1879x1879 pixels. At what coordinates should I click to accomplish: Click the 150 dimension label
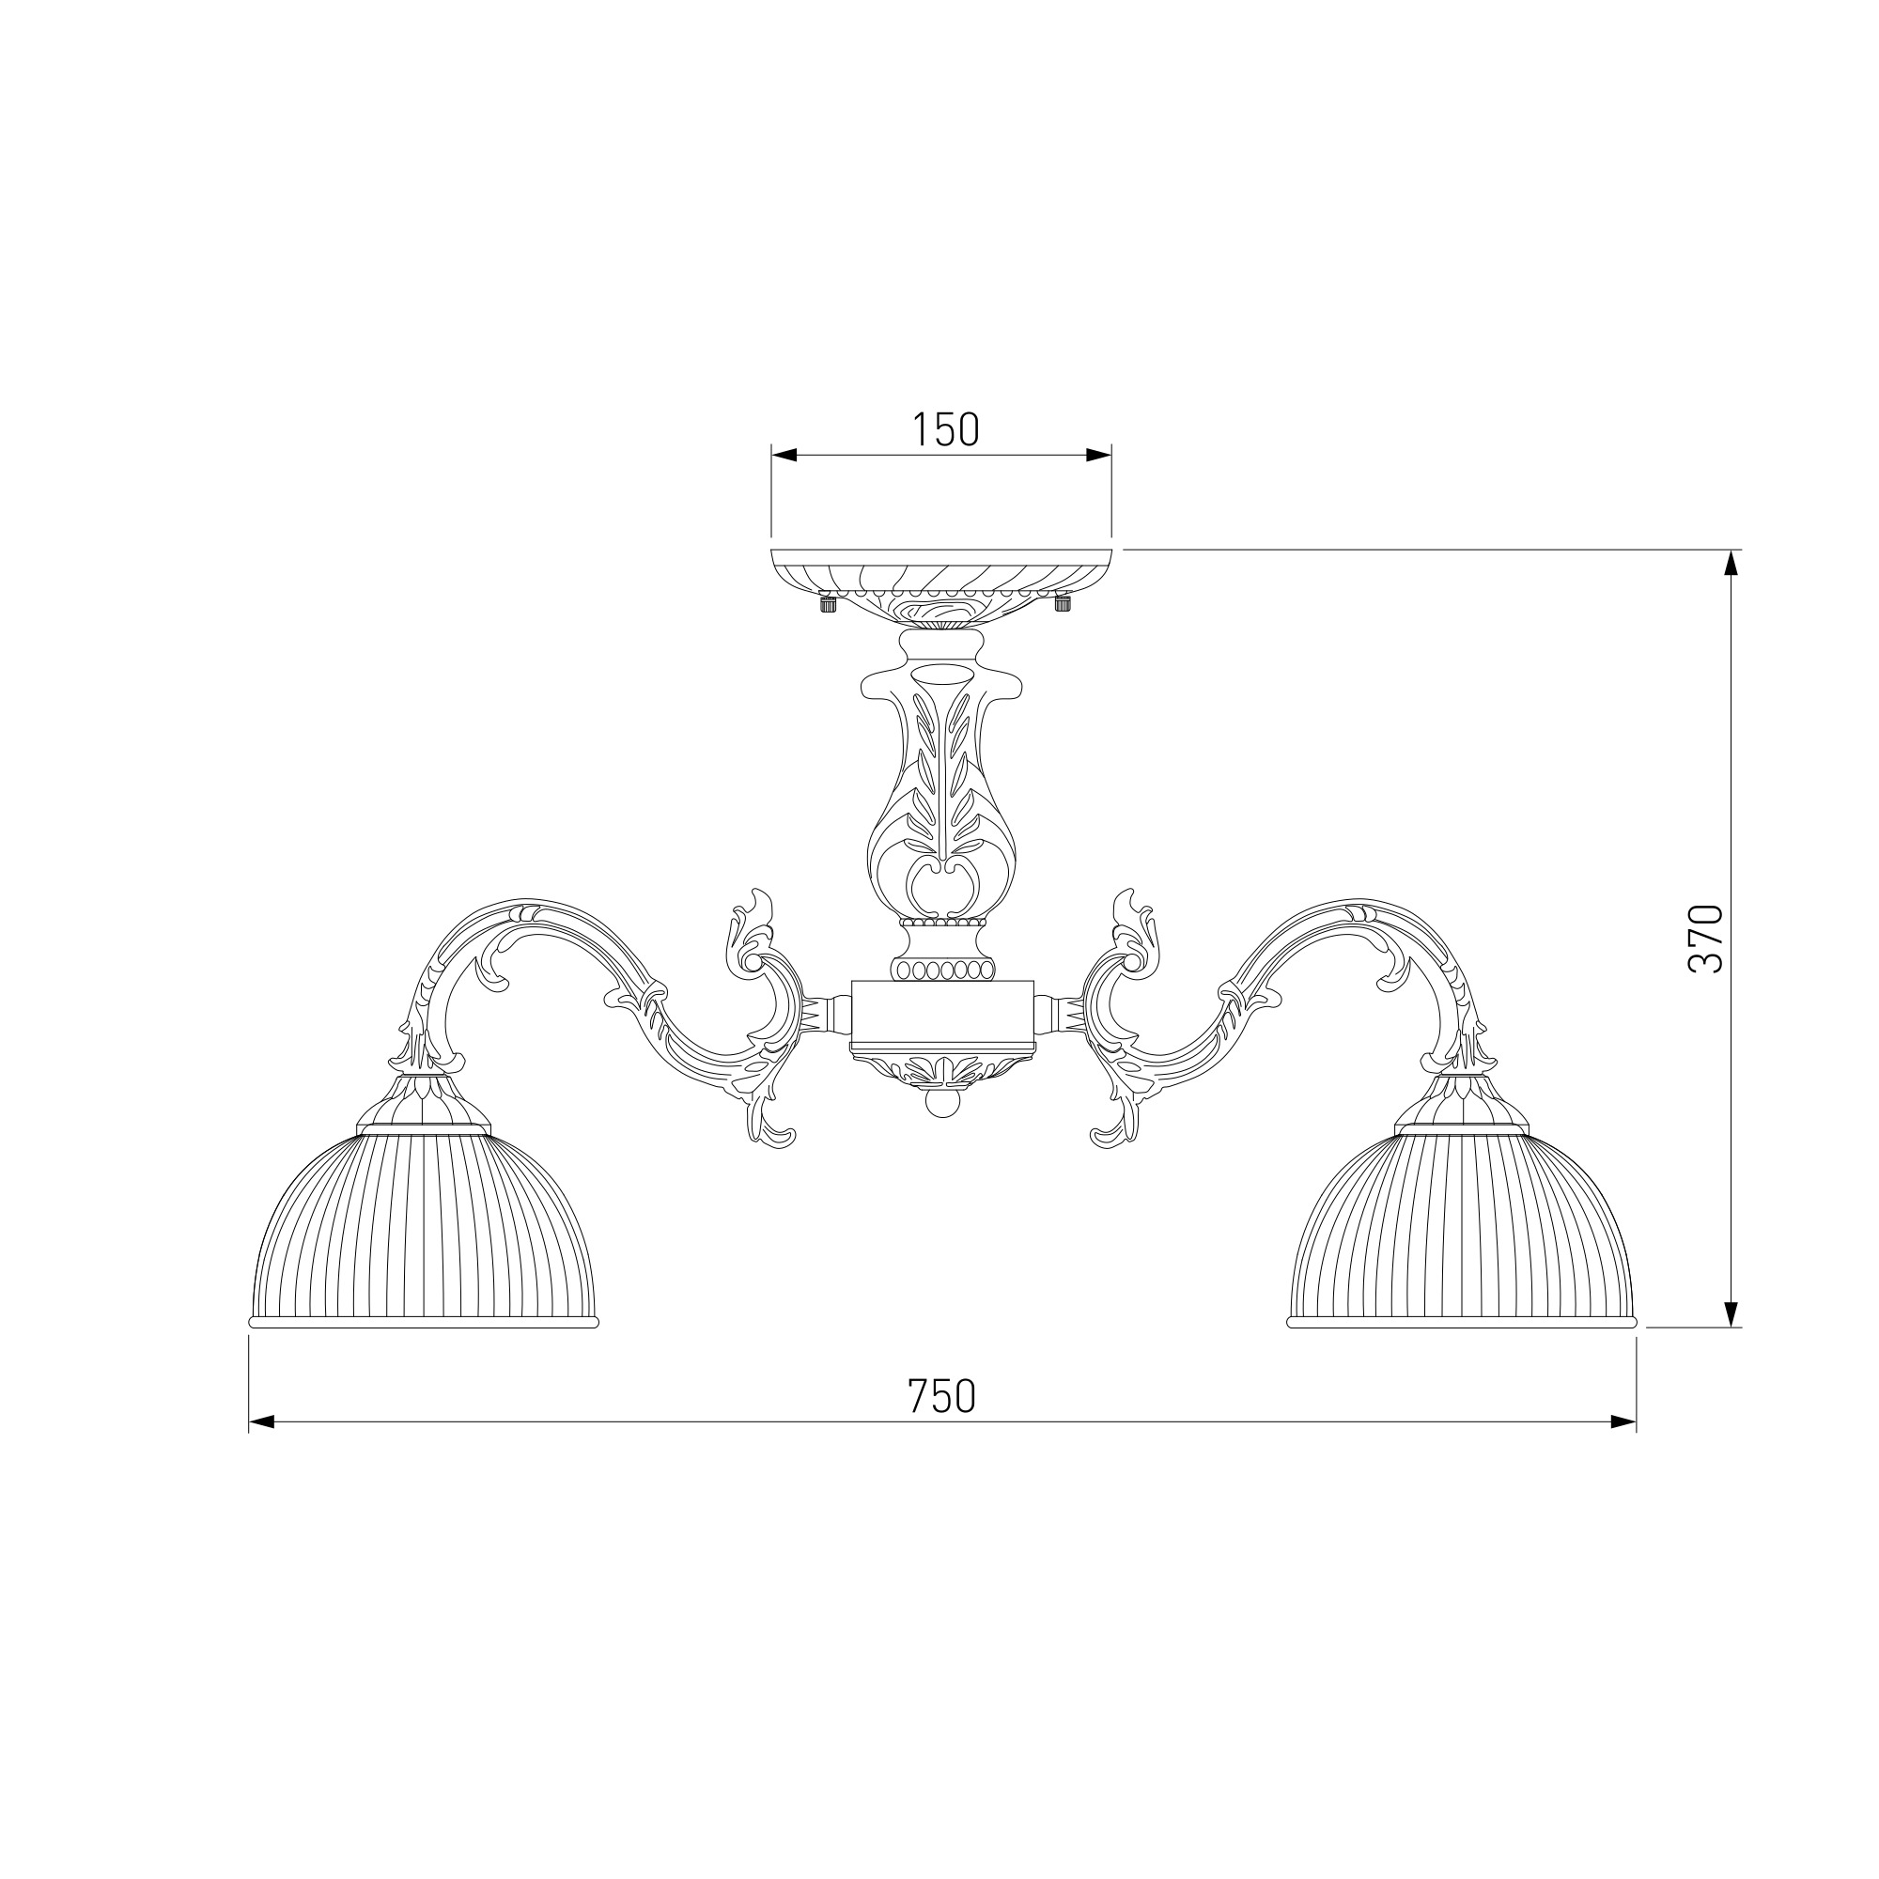(945, 429)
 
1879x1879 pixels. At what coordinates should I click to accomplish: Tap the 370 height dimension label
(1705, 939)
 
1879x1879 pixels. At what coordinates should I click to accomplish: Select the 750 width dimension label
(941, 1397)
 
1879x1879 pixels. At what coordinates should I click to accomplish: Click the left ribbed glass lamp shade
(424, 1227)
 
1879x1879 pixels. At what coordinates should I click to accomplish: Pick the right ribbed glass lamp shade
(1462, 1227)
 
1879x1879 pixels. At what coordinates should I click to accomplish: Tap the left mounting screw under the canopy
(828, 603)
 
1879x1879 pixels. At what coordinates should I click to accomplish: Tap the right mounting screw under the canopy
(1063, 603)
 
